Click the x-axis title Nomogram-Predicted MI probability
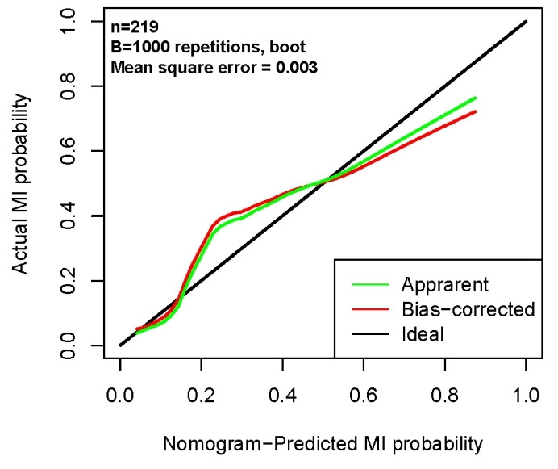pos(323,442)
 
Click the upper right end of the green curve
pos(476,98)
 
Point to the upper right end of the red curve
pos(476,111)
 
